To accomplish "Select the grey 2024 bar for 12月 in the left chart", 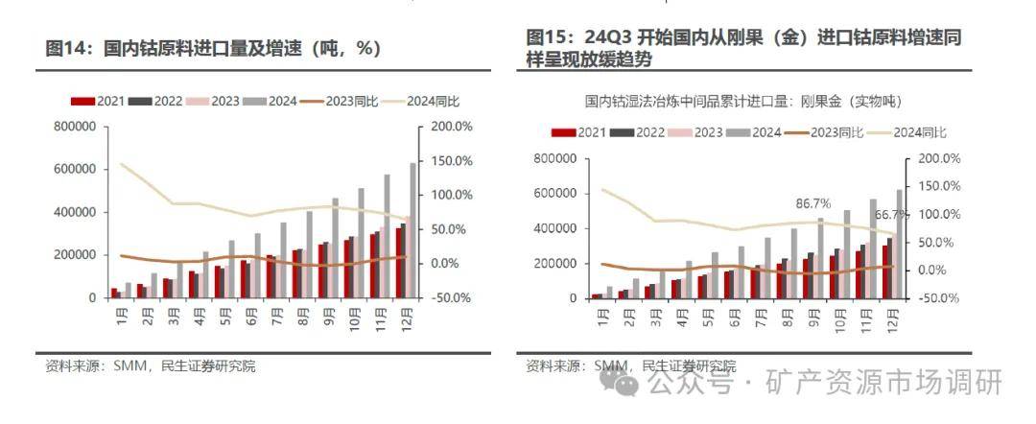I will coord(413,230).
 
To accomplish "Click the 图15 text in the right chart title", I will coord(547,37).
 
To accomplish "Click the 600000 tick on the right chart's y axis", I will coord(553,193).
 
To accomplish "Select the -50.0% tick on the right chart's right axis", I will coord(938,297).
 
